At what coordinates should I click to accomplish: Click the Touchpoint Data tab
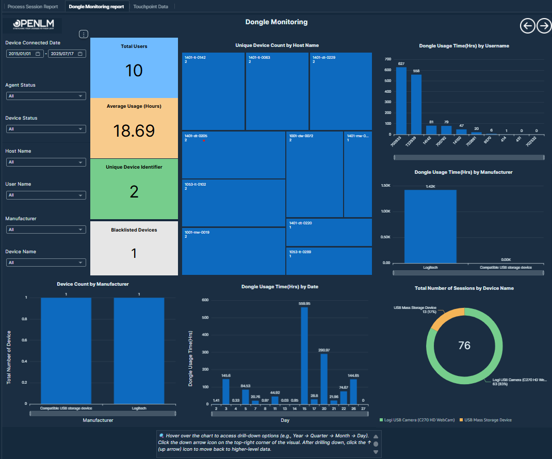[x=151, y=7]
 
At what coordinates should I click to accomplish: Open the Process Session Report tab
[x=33, y=7]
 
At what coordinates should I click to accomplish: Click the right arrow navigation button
[x=544, y=26]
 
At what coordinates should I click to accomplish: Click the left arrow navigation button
[x=527, y=26]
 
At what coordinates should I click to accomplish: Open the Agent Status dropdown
[x=46, y=96]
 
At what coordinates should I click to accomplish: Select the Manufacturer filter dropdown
[x=46, y=229]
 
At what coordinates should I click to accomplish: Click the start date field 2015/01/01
[x=24, y=54]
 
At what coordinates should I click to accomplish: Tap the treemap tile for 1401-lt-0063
[x=277, y=91]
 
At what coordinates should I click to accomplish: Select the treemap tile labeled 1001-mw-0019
[x=233, y=252]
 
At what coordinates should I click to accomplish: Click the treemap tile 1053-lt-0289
[x=329, y=261]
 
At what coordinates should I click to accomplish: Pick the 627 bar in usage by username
[x=401, y=101]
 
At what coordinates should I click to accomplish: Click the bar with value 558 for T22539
[x=416, y=104]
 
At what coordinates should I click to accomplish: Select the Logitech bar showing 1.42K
[x=430, y=227]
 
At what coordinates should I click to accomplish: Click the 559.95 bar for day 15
[x=304, y=356]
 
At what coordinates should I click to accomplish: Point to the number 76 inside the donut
[x=464, y=346]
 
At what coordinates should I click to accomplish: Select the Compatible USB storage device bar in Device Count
[x=66, y=351]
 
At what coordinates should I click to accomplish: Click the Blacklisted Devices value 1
[x=134, y=253]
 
